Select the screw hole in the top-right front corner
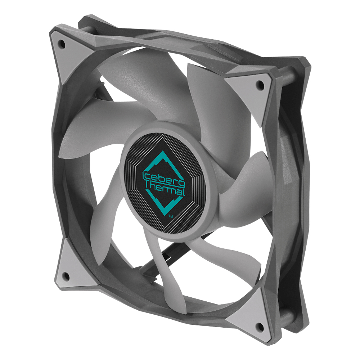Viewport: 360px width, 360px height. tap(260, 85)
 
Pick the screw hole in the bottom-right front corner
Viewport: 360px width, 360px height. tap(260, 326)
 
